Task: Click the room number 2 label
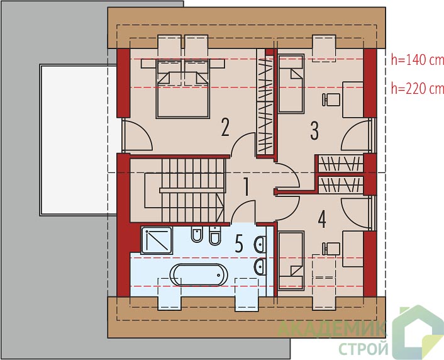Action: pyautogui.click(x=225, y=127)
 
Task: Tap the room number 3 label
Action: pyautogui.click(x=314, y=131)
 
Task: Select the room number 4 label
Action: pyautogui.click(x=322, y=220)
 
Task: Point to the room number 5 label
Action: pyautogui.click(x=239, y=244)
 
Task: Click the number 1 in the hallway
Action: pyautogui.click(x=247, y=187)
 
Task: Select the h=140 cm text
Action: pyautogui.click(x=418, y=60)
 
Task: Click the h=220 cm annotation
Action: pyautogui.click(x=418, y=89)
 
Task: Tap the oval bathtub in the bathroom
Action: pyautogui.click(x=199, y=274)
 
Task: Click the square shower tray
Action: pyautogui.click(x=157, y=240)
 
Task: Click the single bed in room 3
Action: pyautogui.click(x=291, y=84)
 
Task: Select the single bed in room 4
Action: pyautogui.click(x=291, y=261)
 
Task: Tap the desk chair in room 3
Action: pyautogui.click(x=331, y=99)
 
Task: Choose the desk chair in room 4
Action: pyautogui.click(x=331, y=249)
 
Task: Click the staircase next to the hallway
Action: pyautogui.click(x=184, y=190)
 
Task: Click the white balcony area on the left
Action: pyautogui.click(x=79, y=140)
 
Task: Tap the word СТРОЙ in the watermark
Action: pyautogui.click(x=364, y=349)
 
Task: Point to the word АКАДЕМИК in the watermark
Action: pyautogui.click(x=331, y=329)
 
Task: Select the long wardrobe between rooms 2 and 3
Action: pyautogui.click(x=265, y=103)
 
